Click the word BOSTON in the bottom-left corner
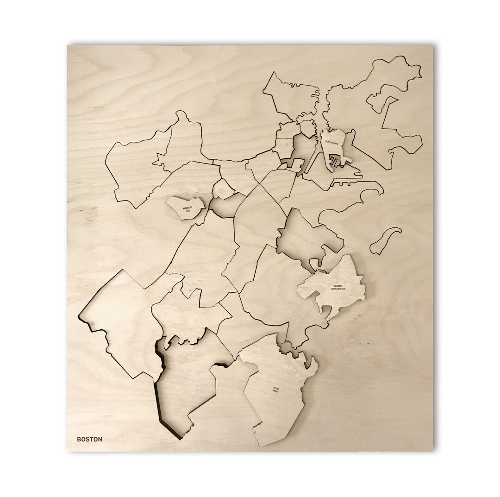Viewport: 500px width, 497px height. click(x=90, y=439)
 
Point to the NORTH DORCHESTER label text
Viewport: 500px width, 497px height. click(x=337, y=288)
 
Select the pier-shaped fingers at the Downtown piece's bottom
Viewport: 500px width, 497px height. click(x=335, y=161)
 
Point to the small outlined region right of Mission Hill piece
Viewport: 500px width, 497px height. click(x=223, y=190)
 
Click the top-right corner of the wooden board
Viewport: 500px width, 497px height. click(x=432, y=46)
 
